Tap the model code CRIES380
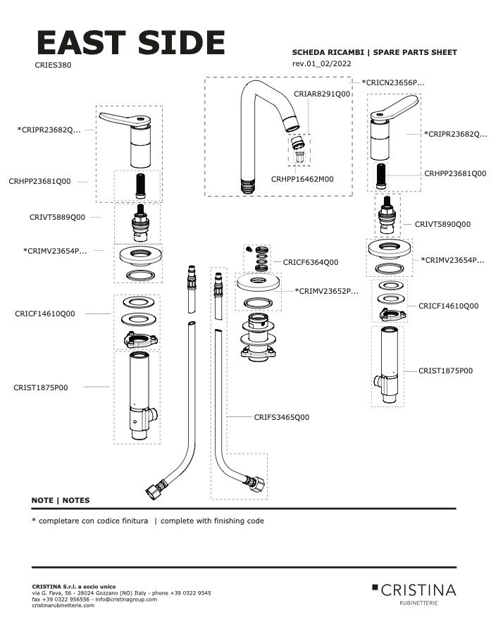click(x=53, y=65)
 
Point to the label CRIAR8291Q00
click(x=322, y=94)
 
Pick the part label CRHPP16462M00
click(x=302, y=179)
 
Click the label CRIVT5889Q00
click(x=57, y=218)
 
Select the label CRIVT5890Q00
click(x=442, y=224)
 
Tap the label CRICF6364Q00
click(x=311, y=262)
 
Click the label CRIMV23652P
click(x=326, y=290)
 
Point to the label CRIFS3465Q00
click(x=281, y=417)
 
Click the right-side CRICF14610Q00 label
click(x=448, y=306)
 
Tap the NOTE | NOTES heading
click(x=61, y=500)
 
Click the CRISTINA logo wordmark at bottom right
click(x=418, y=590)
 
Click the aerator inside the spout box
click(x=299, y=149)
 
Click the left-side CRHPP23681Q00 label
click(x=40, y=181)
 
